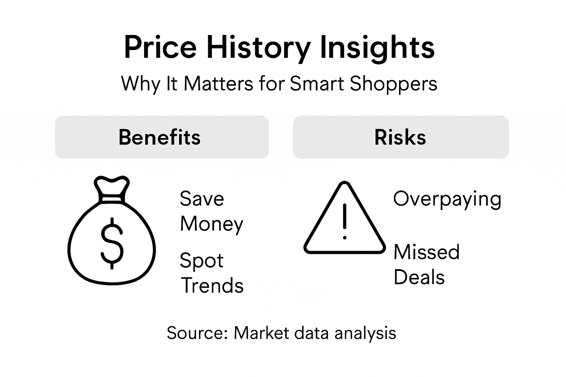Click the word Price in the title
pyautogui.click(x=160, y=47)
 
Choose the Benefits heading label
pyautogui.click(x=160, y=137)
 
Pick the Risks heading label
pyautogui.click(x=400, y=137)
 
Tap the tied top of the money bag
pyautogui.click(x=112, y=188)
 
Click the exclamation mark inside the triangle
pyautogui.click(x=345, y=221)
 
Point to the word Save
pyautogui.click(x=202, y=199)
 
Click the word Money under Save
pyautogui.click(x=212, y=224)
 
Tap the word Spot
pyautogui.click(x=201, y=261)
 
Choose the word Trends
pyautogui.click(x=213, y=286)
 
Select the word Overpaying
pyautogui.click(x=447, y=199)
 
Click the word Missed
pyautogui.click(x=426, y=252)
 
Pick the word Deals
pyautogui.click(x=419, y=277)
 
